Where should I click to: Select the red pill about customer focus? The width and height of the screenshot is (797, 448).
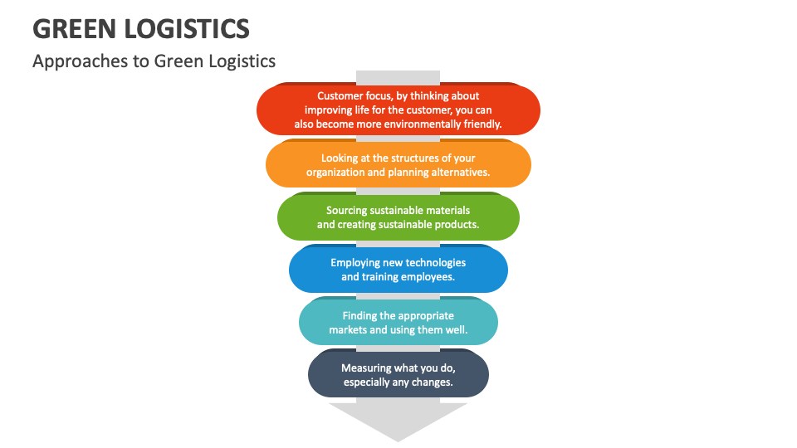tap(398, 110)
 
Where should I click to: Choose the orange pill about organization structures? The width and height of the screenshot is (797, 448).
tap(398, 165)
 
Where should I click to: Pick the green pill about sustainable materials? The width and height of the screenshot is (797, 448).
tap(398, 217)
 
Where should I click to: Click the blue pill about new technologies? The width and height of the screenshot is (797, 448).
tap(398, 270)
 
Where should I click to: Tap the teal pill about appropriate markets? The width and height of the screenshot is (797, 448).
tap(398, 322)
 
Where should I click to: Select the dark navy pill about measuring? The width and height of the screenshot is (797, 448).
tap(398, 374)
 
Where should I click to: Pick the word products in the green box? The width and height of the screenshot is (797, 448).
tap(457, 225)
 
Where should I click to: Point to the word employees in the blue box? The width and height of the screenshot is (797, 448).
tap(427, 277)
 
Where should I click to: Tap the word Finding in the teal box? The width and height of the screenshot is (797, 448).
tap(360, 315)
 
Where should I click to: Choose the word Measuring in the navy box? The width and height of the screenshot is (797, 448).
tap(366, 368)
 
